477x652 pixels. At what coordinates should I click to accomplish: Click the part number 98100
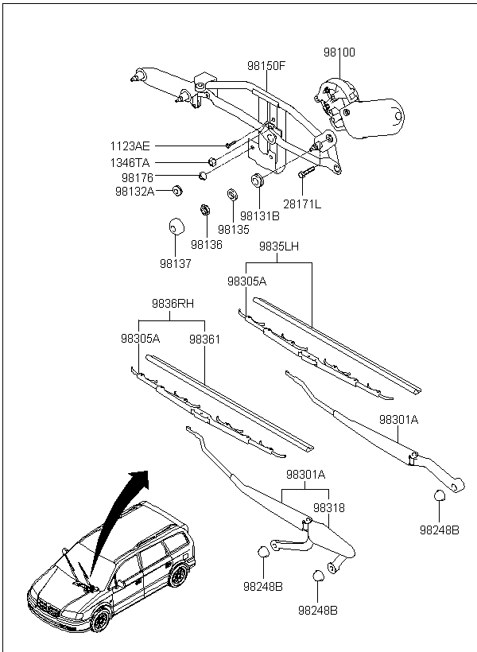pyautogui.click(x=339, y=52)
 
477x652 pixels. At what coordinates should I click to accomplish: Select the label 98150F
pyautogui.click(x=266, y=66)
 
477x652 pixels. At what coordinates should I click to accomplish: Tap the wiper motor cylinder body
pyautogui.click(x=375, y=118)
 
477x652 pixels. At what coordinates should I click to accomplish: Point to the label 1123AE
pyautogui.click(x=130, y=146)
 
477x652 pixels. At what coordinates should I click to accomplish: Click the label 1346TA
pyautogui.click(x=130, y=162)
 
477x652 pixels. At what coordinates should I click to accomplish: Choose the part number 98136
pyautogui.click(x=207, y=245)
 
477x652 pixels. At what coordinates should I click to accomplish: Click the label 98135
pyautogui.click(x=234, y=230)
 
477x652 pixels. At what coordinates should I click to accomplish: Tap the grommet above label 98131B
pyautogui.click(x=258, y=179)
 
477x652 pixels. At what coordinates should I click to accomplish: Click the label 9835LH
pyautogui.click(x=279, y=246)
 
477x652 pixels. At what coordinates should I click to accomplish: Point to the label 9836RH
pyautogui.click(x=173, y=304)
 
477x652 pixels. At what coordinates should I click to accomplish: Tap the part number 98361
pyautogui.click(x=204, y=340)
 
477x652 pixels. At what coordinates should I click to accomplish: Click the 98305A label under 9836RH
pyautogui.click(x=141, y=339)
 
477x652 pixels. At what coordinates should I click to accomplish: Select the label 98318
pyautogui.click(x=329, y=508)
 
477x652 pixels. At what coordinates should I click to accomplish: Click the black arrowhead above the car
pyautogui.click(x=139, y=479)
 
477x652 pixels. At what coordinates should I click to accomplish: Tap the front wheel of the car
pyautogui.click(x=99, y=621)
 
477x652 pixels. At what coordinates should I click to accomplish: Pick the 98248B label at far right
pyautogui.click(x=440, y=530)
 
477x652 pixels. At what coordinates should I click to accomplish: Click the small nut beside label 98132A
pyautogui.click(x=178, y=192)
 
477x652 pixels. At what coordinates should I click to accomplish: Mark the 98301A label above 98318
pyautogui.click(x=305, y=475)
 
